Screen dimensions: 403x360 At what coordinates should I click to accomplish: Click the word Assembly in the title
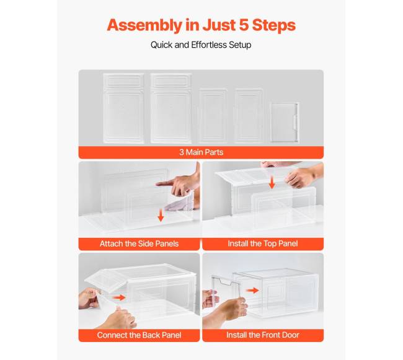(144, 25)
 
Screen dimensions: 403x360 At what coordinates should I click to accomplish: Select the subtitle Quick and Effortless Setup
(201, 45)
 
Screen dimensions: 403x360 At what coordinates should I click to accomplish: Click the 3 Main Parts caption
(201, 152)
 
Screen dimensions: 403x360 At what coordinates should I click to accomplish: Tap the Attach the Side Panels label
(139, 244)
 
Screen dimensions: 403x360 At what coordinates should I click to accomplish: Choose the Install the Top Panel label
(263, 244)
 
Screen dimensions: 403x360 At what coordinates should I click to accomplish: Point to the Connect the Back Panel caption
(139, 335)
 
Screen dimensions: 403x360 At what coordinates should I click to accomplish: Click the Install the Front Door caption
(263, 335)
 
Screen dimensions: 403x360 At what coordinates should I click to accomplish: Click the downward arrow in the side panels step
(161, 215)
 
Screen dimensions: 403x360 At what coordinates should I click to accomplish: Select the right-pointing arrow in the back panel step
(119, 297)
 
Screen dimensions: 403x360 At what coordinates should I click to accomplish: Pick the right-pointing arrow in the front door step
(252, 291)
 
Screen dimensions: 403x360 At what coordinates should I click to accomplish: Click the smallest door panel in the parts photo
(285, 122)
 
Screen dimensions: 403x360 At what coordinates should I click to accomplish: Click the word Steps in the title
(274, 25)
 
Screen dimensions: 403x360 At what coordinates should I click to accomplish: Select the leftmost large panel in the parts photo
(123, 108)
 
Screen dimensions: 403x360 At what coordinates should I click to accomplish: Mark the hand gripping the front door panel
(231, 308)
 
